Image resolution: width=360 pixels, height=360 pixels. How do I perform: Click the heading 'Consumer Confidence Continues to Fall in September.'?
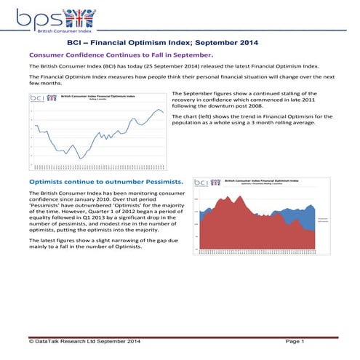(120, 55)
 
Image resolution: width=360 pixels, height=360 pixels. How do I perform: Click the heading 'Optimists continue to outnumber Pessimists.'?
(105, 180)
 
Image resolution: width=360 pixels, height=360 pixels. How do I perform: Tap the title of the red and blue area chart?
(260, 181)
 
